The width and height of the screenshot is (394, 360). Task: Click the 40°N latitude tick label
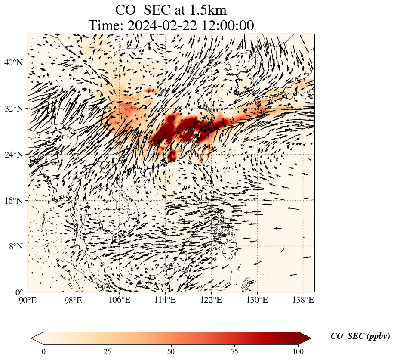pos(13,62)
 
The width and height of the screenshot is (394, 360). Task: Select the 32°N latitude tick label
pos(13,109)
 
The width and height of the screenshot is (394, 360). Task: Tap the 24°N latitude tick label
pos(13,155)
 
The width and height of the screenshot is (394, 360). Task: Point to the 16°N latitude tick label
pos(13,201)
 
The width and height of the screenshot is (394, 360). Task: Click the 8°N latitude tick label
pos(15,246)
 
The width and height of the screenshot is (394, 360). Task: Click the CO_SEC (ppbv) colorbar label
pos(360,337)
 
